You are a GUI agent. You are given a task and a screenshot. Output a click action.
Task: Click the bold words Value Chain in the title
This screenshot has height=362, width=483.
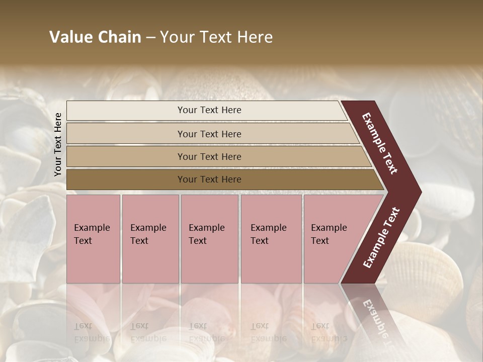pyautogui.click(x=95, y=37)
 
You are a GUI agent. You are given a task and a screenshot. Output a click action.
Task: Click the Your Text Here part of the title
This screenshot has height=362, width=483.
pyautogui.click(x=216, y=37)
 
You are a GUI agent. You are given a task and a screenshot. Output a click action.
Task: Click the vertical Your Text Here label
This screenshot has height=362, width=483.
pyautogui.click(x=58, y=144)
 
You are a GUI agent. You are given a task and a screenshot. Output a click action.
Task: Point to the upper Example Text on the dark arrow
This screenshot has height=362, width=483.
pyautogui.click(x=380, y=143)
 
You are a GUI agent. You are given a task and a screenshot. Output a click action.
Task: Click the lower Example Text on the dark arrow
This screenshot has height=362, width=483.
pyautogui.click(x=381, y=238)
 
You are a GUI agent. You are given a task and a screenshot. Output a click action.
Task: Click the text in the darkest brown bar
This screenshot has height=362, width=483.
pyautogui.click(x=209, y=179)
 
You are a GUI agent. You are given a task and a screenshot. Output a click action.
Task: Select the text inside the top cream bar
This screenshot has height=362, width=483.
pyautogui.click(x=209, y=110)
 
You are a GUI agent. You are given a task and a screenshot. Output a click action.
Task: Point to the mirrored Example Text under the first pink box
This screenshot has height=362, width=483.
pyautogui.click(x=92, y=332)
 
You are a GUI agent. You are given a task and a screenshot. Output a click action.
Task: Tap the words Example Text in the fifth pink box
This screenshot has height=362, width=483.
pyautogui.click(x=329, y=234)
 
